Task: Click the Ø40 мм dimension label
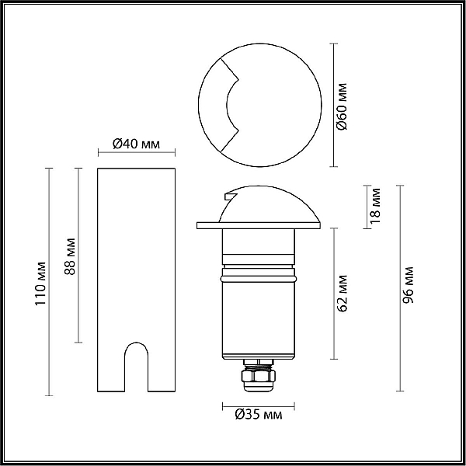click(x=136, y=144)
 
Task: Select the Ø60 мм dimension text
click(x=343, y=106)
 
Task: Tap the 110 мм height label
click(x=40, y=283)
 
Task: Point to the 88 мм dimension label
click(x=70, y=256)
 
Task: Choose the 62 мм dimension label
click(x=343, y=293)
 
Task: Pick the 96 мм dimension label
click(x=408, y=285)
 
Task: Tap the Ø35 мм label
click(x=259, y=414)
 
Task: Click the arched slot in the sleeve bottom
click(x=136, y=367)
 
